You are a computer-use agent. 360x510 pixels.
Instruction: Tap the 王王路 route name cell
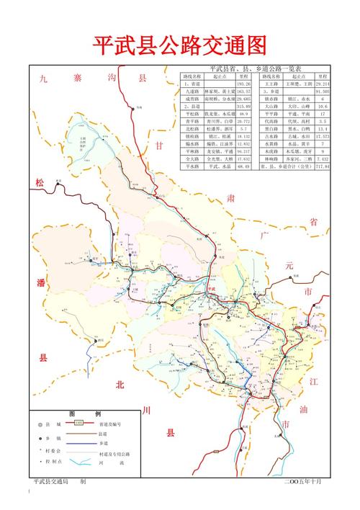click(x=271, y=84)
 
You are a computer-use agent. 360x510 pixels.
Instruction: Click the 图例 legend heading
click(x=75, y=414)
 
